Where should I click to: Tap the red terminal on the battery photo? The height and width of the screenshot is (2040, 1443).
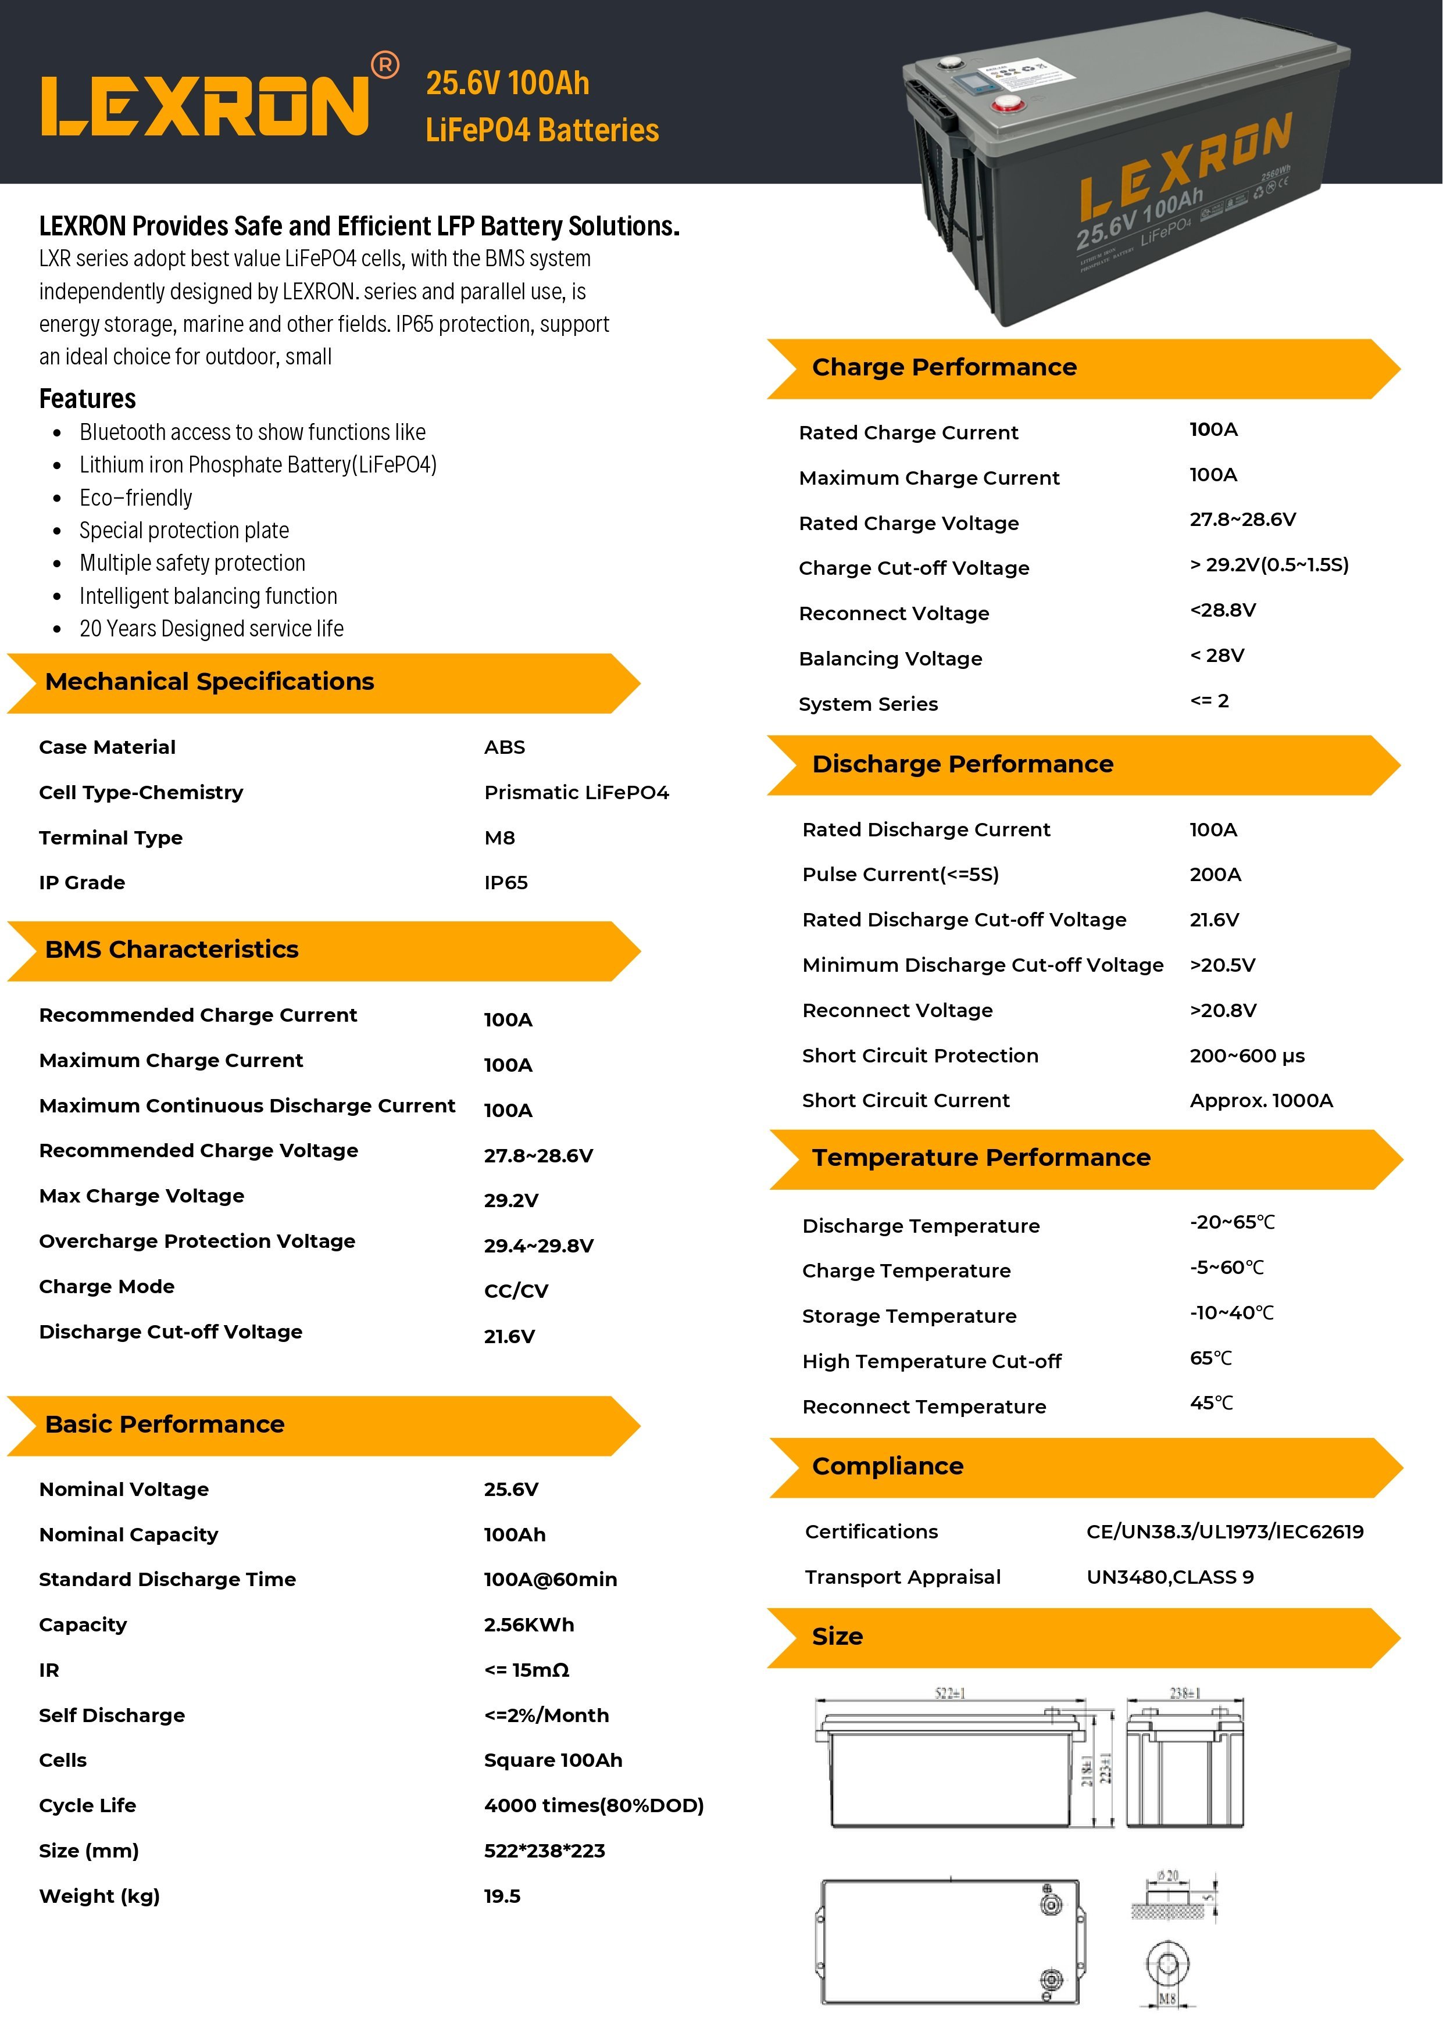[x=1009, y=105]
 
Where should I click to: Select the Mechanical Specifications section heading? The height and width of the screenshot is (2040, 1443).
[x=210, y=682]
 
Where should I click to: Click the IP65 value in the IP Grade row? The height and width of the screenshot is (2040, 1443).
[x=506, y=882]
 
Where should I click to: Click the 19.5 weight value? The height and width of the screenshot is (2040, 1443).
[x=502, y=1895]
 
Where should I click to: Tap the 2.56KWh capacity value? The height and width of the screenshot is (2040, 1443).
[x=528, y=1624]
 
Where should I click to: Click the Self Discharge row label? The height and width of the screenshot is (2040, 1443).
[x=112, y=1715]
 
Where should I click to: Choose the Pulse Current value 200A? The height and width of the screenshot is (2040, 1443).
[x=1215, y=874]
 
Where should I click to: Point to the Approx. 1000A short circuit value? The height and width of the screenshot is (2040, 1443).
[x=1261, y=1100]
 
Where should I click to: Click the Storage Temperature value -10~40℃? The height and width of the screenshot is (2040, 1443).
[x=1231, y=1312]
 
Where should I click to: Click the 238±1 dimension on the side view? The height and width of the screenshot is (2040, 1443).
[x=1184, y=1694]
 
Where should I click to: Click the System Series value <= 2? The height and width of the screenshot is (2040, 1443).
[x=1209, y=700]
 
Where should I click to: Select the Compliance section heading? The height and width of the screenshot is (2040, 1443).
[x=887, y=1465]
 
